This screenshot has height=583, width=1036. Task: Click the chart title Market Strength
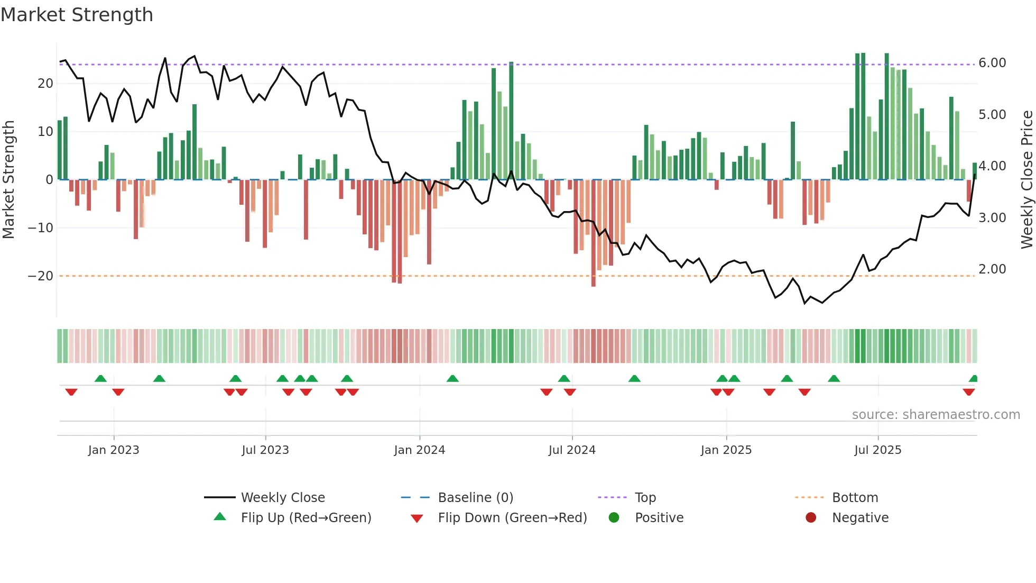coord(77,15)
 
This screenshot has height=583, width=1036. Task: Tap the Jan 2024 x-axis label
coord(419,450)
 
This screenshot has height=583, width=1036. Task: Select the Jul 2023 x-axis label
coord(265,450)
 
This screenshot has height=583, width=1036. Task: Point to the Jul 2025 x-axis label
coord(877,450)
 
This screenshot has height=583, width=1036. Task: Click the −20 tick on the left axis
coord(41,276)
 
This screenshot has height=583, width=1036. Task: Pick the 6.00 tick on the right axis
coord(992,63)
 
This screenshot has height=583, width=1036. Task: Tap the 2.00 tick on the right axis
coord(992,269)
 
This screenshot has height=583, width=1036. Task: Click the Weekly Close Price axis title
coord(1026,180)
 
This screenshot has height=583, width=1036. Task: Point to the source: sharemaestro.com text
coord(936,415)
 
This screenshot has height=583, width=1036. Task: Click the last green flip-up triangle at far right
coord(974,379)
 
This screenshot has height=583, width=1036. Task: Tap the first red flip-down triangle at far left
coord(71,391)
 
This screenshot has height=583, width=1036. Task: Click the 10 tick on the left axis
coord(45,132)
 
